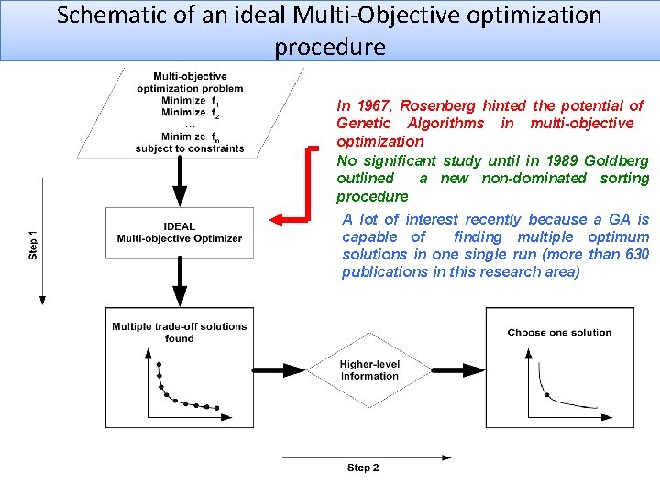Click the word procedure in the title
(330, 47)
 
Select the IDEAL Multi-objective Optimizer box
(180, 232)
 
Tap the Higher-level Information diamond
(370, 369)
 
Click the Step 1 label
(34, 243)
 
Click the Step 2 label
(363, 467)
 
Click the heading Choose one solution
(559, 332)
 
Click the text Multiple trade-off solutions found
(180, 332)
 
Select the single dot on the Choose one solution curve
(547, 395)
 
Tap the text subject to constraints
(190, 148)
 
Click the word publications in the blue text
(380, 271)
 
